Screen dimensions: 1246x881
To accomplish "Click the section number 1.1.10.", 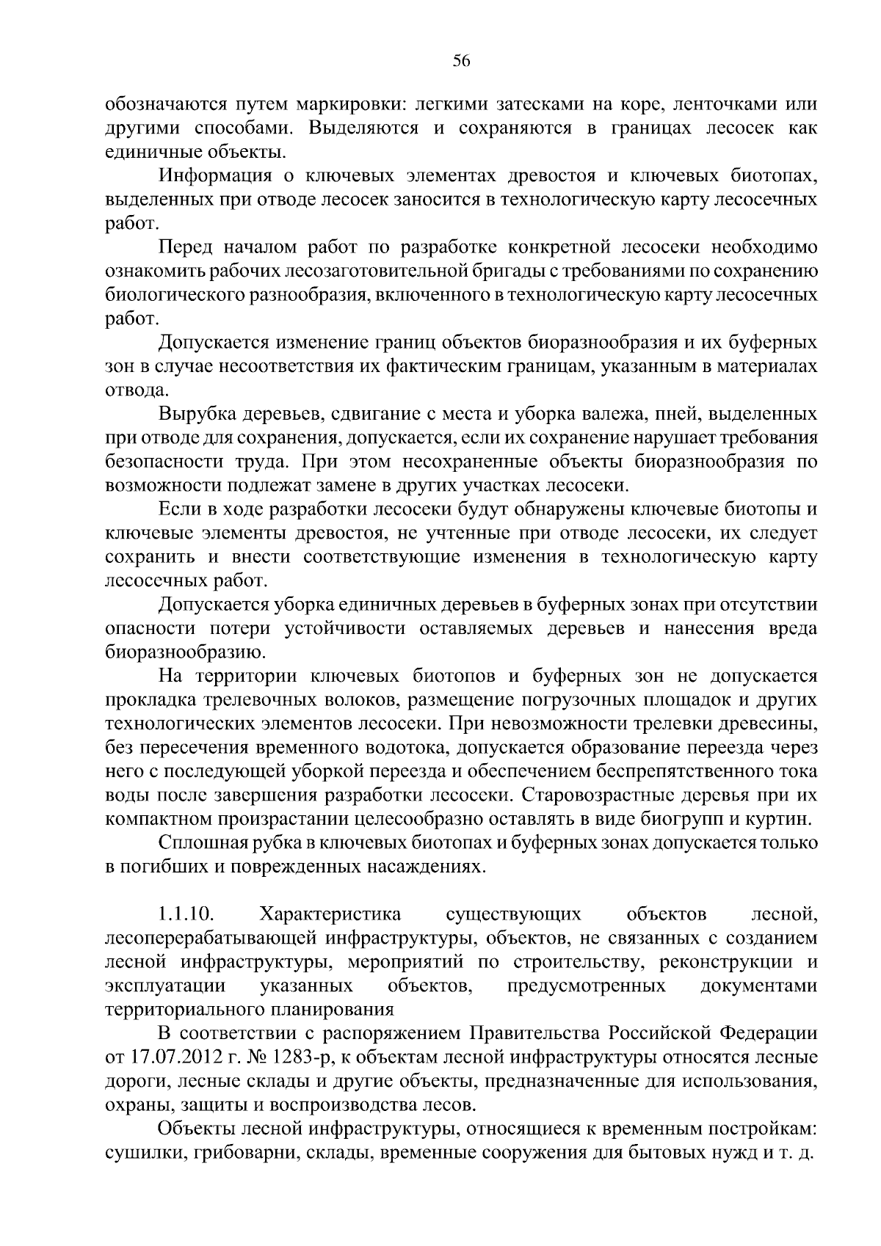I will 184,914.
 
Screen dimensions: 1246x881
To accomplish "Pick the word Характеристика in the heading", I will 330,914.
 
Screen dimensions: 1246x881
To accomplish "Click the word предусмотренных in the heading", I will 587,985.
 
